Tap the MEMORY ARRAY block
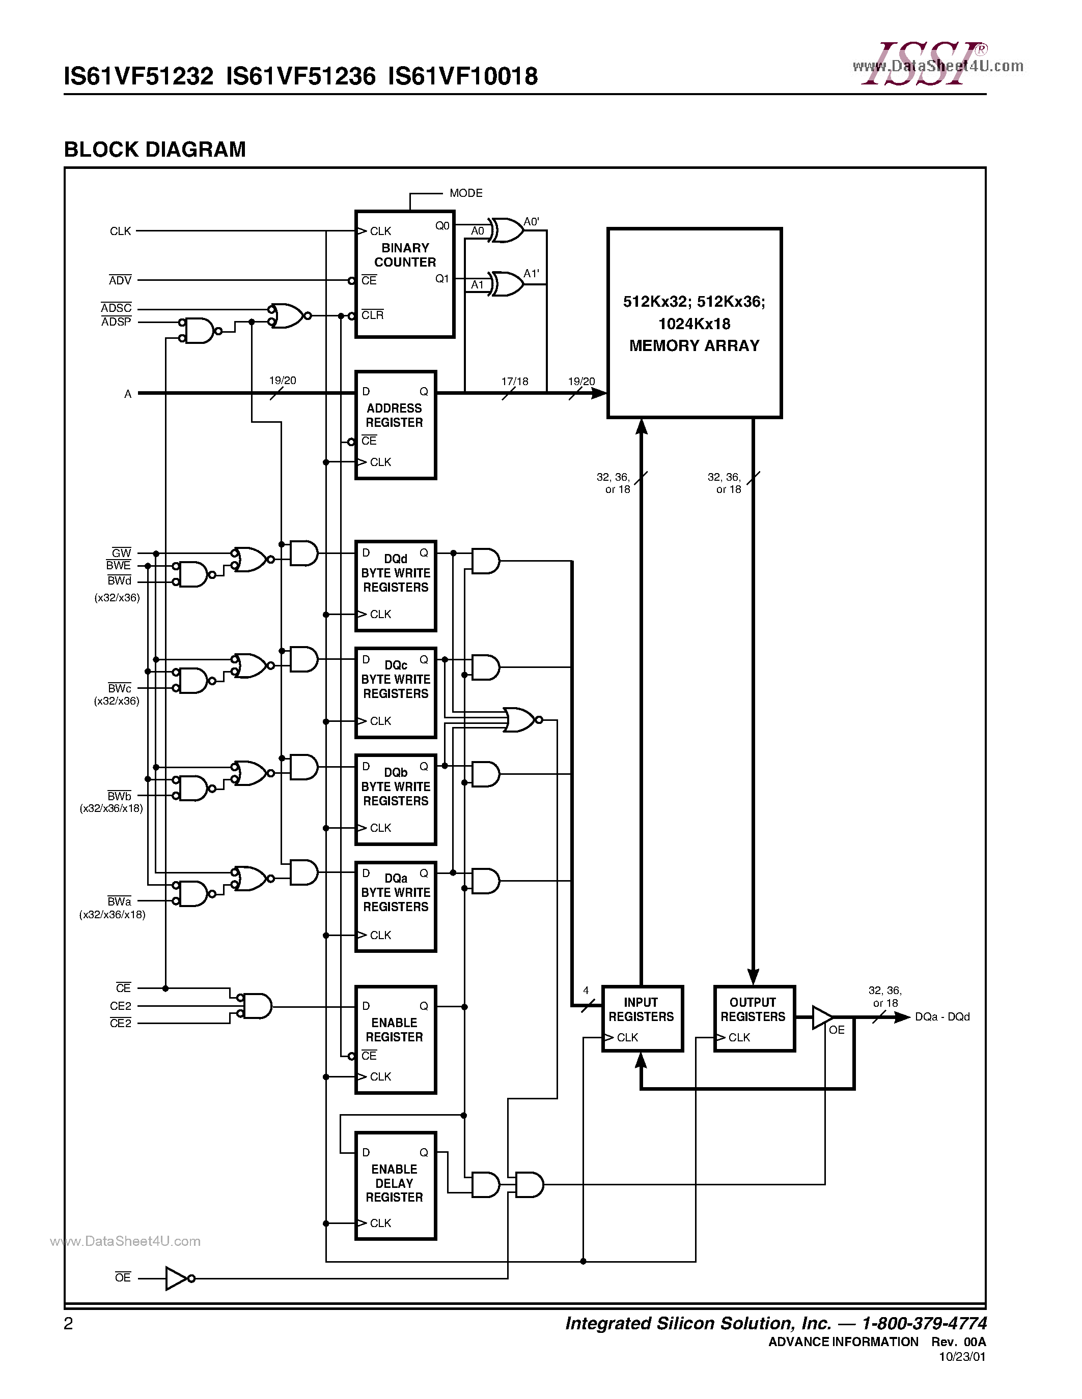click(x=694, y=323)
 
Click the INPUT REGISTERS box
click(x=642, y=1018)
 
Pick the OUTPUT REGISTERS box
click(x=754, y=1018)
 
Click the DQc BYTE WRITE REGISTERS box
click(x=396, y=692)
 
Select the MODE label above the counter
click(x=466, y=193)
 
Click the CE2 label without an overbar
click(x=121, y=1006)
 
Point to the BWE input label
click(x=119, y=566)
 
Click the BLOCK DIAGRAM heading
click(x=155, y=149)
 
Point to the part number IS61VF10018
click(x=463, y=77)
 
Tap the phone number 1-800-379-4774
click(x=924, y=1323)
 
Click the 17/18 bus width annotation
click(x=514, y=382)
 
